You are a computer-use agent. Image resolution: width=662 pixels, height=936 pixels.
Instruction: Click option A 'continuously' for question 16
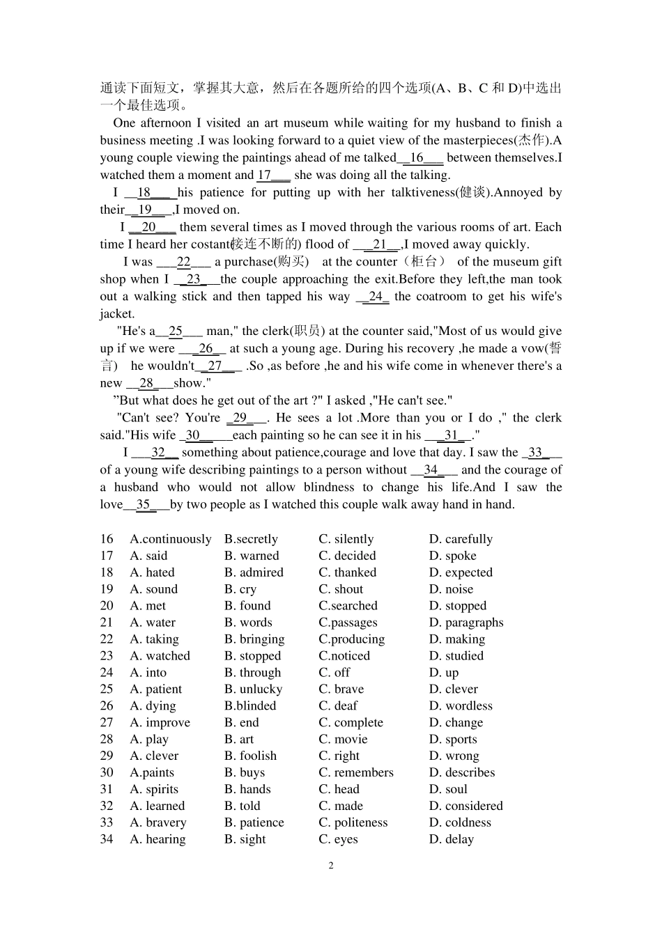(170, 539)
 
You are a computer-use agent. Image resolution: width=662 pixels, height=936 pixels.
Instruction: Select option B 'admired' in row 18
(254, 572)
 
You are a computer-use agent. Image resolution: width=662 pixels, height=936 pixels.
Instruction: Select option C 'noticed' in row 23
(344, 656)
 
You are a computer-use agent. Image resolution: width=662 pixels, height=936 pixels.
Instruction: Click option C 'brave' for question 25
(341, 689)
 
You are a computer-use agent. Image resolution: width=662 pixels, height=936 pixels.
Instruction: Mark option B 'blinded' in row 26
(250, 706)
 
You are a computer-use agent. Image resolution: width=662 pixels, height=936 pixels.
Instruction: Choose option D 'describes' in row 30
(461, 773)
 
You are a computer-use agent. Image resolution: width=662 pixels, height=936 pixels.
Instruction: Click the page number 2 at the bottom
(331, 866)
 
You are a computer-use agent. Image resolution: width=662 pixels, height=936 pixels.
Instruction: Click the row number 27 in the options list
(107, 723)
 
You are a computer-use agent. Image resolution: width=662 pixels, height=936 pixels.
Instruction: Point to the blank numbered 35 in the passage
(145, 505)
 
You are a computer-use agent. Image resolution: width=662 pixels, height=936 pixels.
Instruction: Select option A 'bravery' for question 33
(157, 823)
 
